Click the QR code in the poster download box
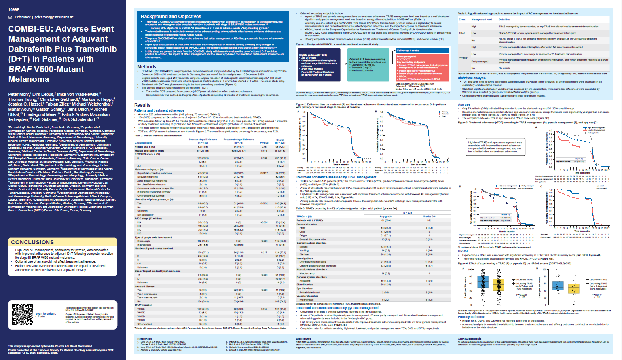click(x=23, y=315)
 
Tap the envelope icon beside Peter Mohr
click(x=10, y=17)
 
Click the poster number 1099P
click(x=14, y=9)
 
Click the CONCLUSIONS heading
click(x=32, y=242)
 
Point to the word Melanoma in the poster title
click(x=29, y=79)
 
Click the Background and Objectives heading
click(x=171, y=17)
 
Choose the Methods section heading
click(x=147, y=67)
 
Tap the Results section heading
click(x=142, y=105)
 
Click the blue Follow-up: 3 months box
click(x=423, y=51)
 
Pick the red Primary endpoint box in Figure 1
click(x=423, y=68)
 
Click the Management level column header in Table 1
click(x=482, y=19)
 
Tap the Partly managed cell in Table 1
click(x=480, y=61)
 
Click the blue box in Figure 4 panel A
click(x=483, y=281)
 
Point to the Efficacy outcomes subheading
click(x=472, y=317)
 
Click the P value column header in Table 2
click(x=264, y=143)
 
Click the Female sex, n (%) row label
click(x=144, y=147)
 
